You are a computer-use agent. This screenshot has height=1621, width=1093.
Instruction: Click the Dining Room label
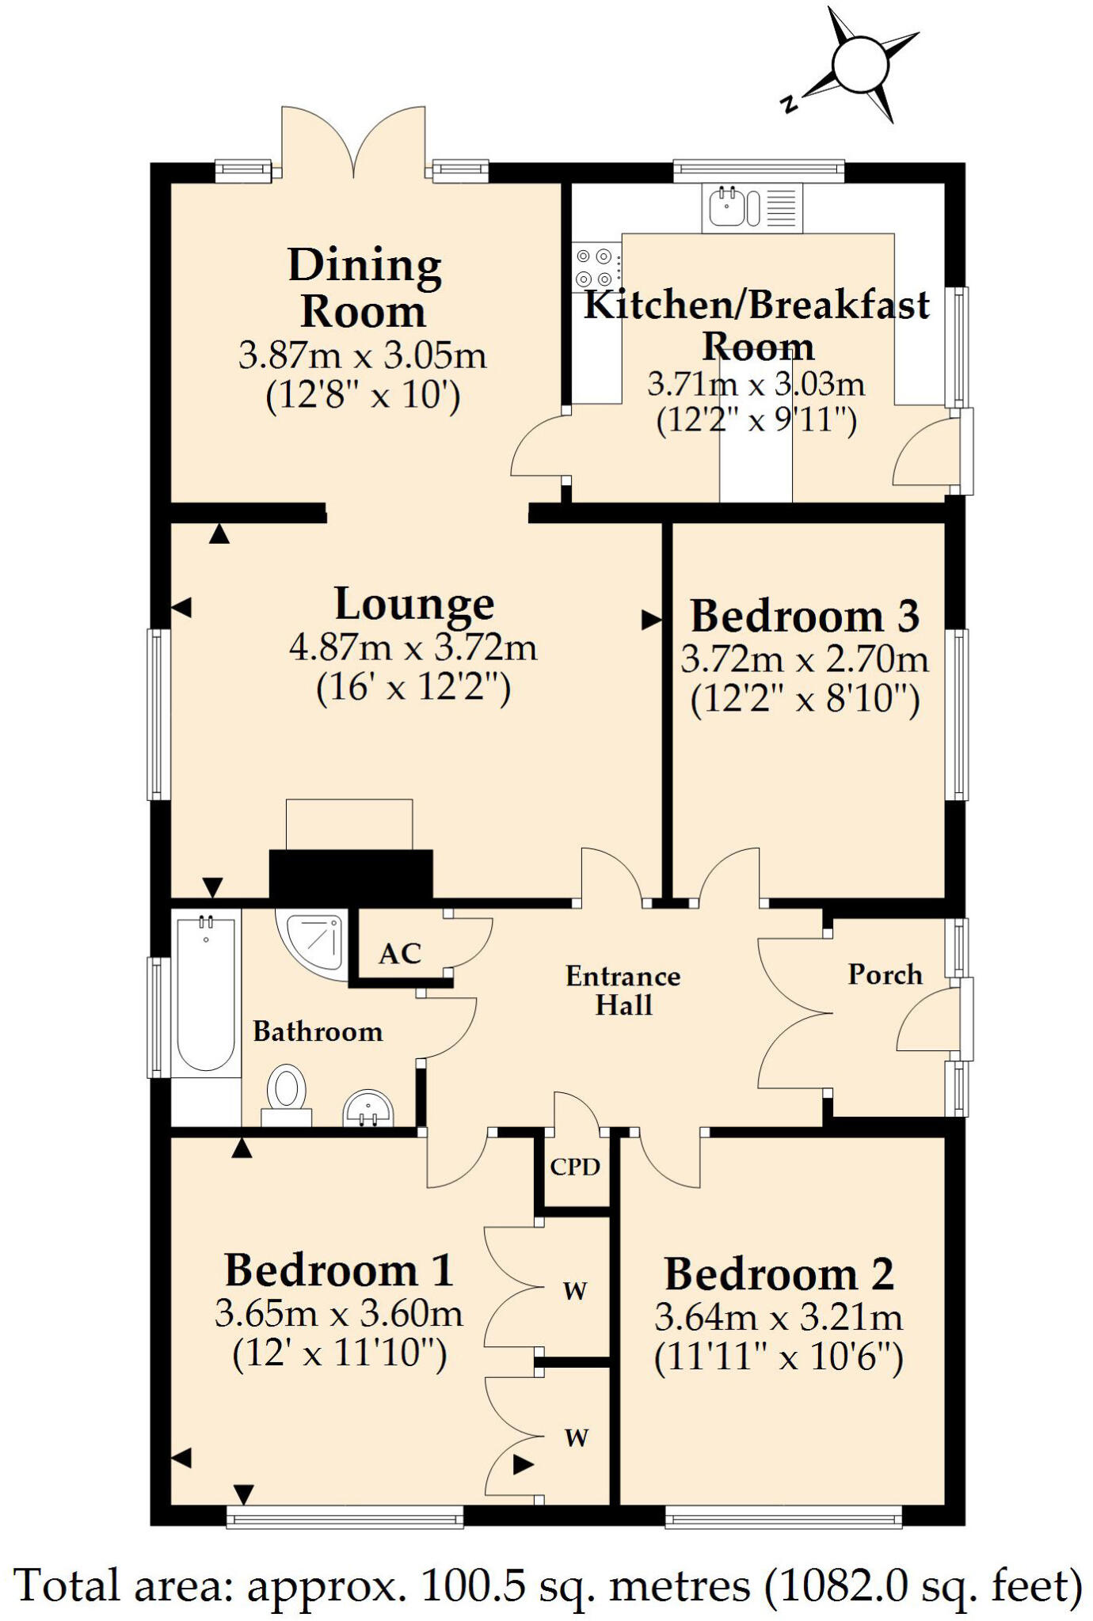tap(364, 287)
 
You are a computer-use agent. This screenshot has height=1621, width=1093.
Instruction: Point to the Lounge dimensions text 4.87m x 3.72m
tap(413, 648)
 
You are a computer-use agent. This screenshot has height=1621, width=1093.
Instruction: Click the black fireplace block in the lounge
tap(351, 874)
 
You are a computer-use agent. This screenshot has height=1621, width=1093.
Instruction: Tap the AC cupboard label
tap(399, 954)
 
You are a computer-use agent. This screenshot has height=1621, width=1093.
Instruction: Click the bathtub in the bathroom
tap(206, 993)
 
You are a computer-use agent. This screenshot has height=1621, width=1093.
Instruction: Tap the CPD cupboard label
tap(575, 1167)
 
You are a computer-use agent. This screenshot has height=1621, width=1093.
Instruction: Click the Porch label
tap(885, 974)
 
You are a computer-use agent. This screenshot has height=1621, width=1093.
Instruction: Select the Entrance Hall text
tap(623, 990)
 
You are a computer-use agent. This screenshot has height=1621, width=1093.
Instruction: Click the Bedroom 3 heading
tap(805, 617)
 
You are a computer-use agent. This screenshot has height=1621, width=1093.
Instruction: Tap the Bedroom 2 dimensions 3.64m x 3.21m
tap(779, 1319)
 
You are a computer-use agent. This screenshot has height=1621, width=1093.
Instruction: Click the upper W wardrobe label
tap(575, 1291)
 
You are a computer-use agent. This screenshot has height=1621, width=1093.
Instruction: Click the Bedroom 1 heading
tap(339, 1271)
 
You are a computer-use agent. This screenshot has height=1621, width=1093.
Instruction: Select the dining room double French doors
tap(353, 142)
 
